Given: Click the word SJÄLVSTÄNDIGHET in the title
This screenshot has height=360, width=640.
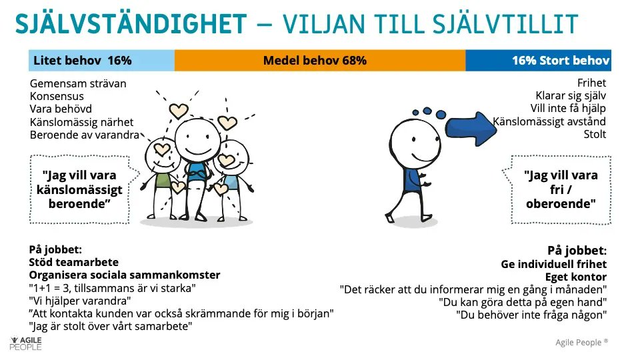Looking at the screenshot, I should coord(131,25).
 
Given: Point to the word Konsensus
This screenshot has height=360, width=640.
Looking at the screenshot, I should coord(57,97).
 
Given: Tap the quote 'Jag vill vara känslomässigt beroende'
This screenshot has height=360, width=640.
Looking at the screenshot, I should coord(79,189).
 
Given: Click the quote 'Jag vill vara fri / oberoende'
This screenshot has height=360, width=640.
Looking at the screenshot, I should coord(561,189).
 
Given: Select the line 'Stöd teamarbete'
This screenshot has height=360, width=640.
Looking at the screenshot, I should coord(73,263).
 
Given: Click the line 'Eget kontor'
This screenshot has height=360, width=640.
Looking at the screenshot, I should coord(575,277).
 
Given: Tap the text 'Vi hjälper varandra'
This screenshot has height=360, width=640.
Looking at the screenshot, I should coord(77,301).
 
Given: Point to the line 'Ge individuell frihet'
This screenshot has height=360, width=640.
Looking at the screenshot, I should coord(553,264).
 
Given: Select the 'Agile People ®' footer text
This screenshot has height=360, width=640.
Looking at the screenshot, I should coord(581,343).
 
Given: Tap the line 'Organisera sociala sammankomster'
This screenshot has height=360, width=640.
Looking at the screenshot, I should coord(124,275).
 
